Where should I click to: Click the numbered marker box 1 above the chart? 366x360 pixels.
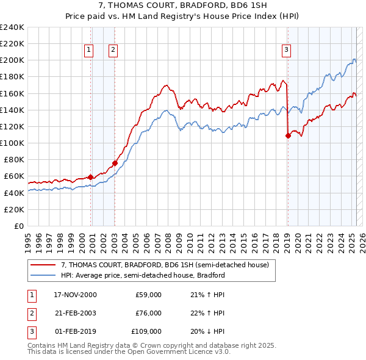coord(89,50)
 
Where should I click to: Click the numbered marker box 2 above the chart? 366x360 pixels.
coord(113,50)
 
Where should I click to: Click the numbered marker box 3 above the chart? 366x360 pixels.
coord(286,50)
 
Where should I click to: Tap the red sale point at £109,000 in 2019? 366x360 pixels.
coord(288,135)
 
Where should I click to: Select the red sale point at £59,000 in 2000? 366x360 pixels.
coord(91,177)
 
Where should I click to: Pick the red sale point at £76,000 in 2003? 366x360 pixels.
coord(115,163)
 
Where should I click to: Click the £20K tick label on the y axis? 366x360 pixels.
coord(14,209)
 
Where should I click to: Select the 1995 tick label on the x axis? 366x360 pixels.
coord(28,237)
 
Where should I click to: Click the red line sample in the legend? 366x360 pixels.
coord(43,265)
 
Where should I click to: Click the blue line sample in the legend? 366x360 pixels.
coord(43,275)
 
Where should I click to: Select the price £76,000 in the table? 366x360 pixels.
coord(148,313)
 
